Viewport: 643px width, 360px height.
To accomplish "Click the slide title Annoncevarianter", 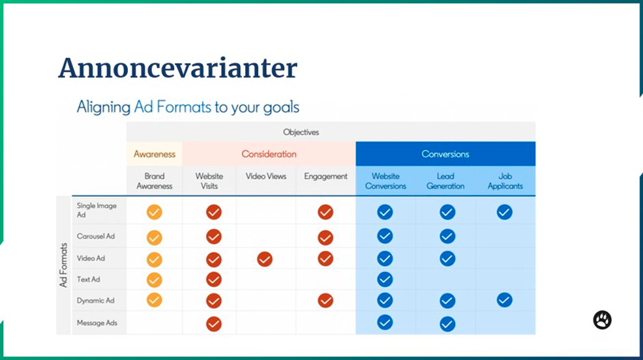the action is point(177,68).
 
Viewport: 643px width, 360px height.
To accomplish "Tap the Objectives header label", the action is point(301,132).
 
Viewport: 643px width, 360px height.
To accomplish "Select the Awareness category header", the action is point(154,154).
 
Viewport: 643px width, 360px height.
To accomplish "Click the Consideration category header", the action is point(269,154).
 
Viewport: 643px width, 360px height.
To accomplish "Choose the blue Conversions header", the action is point(445,154).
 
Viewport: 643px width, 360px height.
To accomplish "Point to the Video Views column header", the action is point(265,176).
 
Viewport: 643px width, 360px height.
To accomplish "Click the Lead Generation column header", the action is point(445,181).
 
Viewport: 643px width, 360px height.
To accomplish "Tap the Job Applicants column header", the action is point(505,181).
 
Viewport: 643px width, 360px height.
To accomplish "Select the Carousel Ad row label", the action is point(96,236).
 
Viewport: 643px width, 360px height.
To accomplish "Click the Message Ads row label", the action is point(97,323).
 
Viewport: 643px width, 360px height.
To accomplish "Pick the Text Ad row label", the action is point(88,279).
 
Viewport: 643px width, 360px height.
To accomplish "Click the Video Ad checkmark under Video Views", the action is point(265,259).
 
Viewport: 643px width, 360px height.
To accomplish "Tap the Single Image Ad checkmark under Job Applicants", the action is point(504,212).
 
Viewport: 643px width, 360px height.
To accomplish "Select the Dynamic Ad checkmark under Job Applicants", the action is point(504,300).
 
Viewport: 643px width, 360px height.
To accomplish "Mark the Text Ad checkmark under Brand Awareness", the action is point(154,280).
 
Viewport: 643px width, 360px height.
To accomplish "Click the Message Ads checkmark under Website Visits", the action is point(214,324).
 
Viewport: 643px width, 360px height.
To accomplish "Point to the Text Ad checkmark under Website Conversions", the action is point(385,279).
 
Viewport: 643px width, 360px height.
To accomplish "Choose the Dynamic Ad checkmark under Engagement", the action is point(325,301).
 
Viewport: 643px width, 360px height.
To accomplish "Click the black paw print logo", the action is point(602,320).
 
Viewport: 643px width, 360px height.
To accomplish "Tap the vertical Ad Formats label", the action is point(63,265).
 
